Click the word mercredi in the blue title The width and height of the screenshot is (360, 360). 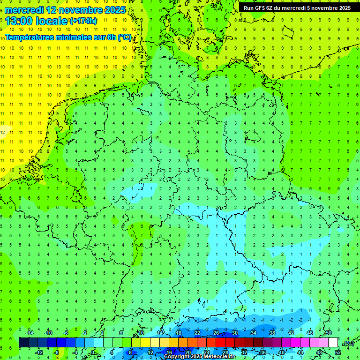(x=24, y=10)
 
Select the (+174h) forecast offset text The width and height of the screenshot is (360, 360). (x=83, y=21)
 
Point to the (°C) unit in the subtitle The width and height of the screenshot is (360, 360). (x=125, y=37)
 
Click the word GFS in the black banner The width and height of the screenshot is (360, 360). (x=261, y=8)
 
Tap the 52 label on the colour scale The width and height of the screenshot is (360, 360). (x=337, y=352)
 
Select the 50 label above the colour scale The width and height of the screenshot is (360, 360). (x=328, y=333)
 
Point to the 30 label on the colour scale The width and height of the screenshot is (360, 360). (x=234, y=333)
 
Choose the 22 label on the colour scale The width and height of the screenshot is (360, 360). (x=197, y=333)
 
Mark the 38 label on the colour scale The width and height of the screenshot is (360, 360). (x=272, y=333)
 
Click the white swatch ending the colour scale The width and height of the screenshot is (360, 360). (x=333, y=343)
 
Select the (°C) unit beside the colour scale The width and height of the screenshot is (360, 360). (x=348, y=343)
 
